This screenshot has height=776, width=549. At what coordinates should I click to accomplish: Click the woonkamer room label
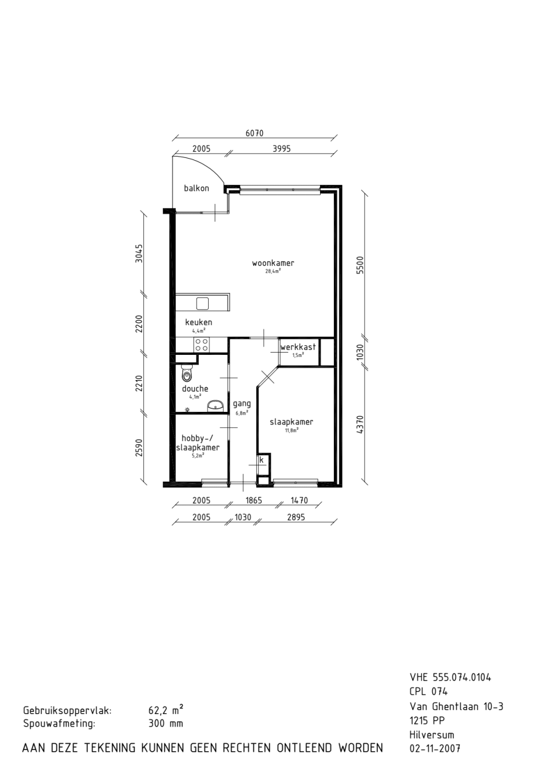[x=273, y=263]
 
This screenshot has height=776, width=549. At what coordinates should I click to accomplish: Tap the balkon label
[x=197, y=189]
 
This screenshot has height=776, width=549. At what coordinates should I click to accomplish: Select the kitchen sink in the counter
[x=202, y=303]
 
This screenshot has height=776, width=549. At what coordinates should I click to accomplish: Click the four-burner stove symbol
[x=201, y=345]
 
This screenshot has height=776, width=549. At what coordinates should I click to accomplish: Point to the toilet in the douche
[x=187, y=373]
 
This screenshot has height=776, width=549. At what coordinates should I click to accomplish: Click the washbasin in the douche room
[x=215, y=406]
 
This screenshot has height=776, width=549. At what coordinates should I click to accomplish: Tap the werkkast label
[x=298, y=347]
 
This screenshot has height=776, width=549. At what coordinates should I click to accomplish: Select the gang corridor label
[x=242, y=404]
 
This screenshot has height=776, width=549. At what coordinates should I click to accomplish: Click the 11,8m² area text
[x=292, y=431]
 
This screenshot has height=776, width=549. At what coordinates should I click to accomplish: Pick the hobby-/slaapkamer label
[x=198, y=443]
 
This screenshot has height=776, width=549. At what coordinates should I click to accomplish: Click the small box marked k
[x=262, y=460]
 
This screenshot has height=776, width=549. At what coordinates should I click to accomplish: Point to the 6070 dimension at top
[x=255, y=133]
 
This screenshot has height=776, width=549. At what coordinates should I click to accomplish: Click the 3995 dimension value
[x=282, y=149]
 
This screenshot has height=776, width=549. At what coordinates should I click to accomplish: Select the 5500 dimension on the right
[x=360, y=265]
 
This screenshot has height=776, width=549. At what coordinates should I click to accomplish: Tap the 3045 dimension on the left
[x=139, y=253]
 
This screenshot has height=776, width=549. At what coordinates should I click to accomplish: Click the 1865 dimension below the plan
[x=254, y=500]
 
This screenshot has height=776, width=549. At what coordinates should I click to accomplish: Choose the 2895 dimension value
[x=296, y=517]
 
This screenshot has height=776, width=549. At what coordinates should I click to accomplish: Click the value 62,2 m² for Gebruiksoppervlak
[x=166, y=710]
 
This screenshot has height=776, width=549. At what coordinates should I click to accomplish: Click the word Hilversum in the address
[x=432, y=733]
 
